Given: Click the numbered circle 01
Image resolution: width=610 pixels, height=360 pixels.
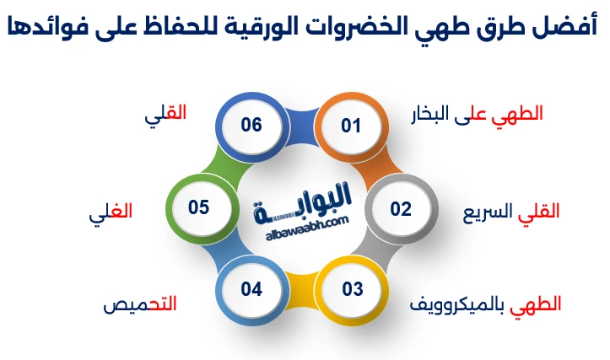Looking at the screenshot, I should click(351, 126).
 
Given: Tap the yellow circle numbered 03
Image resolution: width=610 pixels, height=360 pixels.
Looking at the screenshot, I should click(352, 289).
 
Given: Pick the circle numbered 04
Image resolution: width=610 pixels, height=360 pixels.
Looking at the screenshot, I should click(251, 289).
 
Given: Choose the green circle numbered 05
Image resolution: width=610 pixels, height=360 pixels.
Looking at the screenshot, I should click(198, 207).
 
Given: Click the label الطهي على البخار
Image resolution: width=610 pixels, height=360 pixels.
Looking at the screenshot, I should click(476, 114).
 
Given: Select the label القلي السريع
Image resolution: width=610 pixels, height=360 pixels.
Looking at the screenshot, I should click(511, 211).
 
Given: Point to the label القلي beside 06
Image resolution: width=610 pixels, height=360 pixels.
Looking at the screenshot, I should click(165, 114).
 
